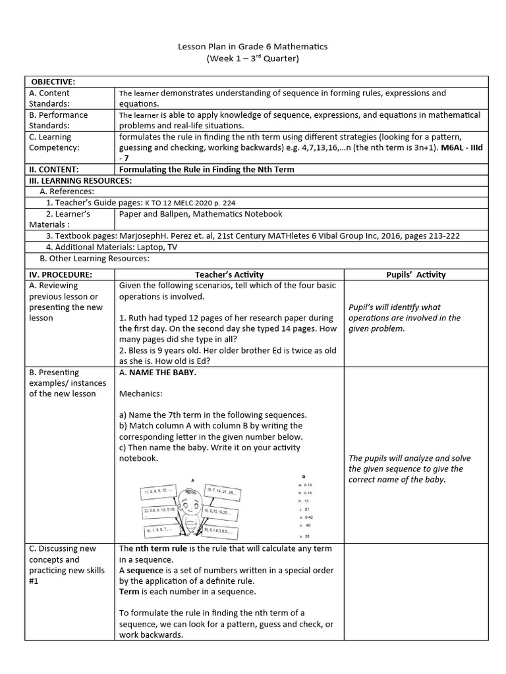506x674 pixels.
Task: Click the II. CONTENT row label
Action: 55,169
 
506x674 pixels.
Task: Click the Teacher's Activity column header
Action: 229,274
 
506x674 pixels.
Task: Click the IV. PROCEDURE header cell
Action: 61,274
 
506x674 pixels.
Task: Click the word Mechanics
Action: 141,394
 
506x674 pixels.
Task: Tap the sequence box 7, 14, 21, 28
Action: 224,491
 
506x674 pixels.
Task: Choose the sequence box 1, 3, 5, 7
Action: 158,530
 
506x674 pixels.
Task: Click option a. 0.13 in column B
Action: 305,484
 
